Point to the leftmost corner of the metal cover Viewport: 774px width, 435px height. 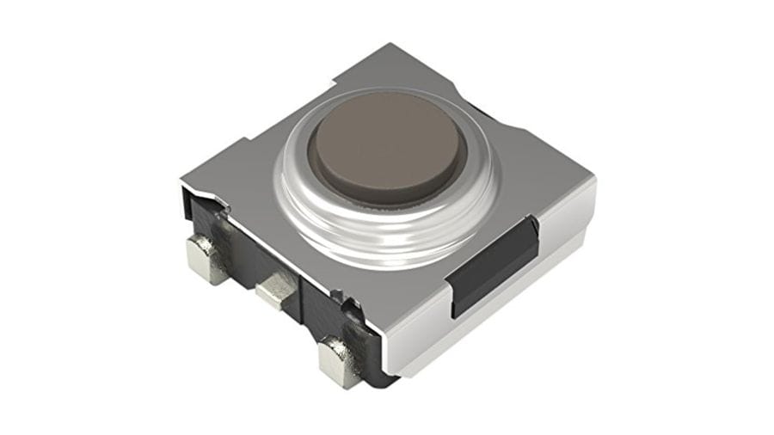click(182, 182)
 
